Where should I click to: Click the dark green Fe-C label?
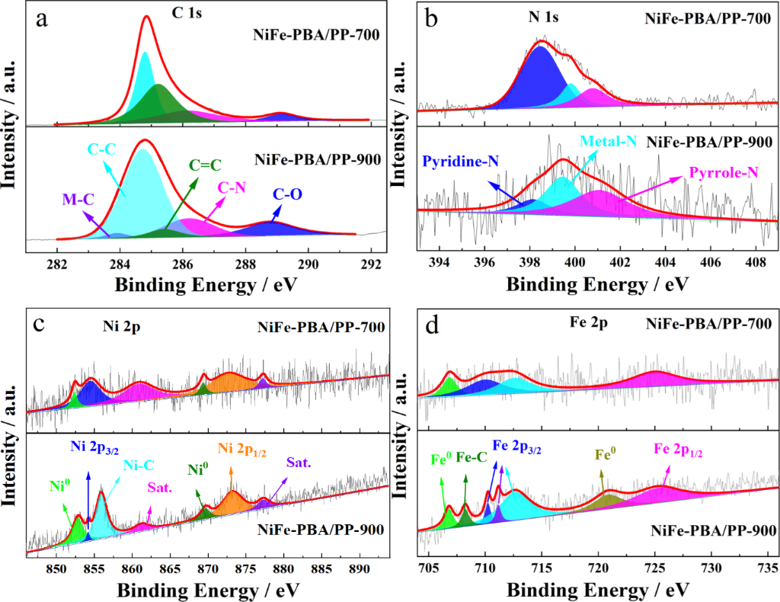470,459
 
